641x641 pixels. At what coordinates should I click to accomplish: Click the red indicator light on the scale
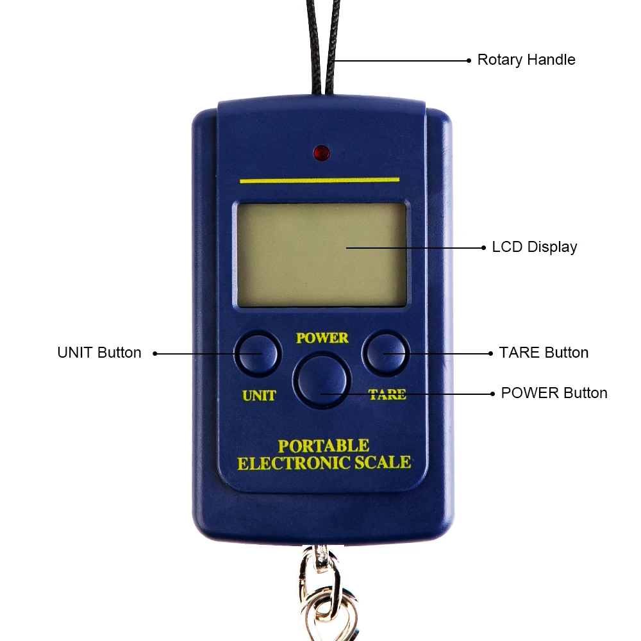pos(321,153)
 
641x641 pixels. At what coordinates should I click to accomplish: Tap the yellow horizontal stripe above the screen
pos(320,180)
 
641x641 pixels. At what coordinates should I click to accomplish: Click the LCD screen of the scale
pos(322,254)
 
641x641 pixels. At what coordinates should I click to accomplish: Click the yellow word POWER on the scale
pos(322,338)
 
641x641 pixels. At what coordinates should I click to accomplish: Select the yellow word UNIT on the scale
pos(259,395)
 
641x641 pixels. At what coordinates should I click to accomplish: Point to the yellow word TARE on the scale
pos(387,394)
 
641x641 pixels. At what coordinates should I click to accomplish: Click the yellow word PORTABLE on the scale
pos(323,446)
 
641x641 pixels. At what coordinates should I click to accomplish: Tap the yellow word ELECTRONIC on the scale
pos(294,463)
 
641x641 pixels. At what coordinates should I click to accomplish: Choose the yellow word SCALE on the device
pos(383,462)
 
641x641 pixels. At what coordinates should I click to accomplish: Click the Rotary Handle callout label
pos(526,60)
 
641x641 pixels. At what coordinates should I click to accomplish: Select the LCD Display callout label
pos(535,247)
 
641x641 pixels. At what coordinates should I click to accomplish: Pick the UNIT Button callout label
pos(99,353)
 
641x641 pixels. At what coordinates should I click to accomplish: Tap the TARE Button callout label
pos(544,353)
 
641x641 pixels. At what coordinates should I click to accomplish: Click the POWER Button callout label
pos(554,393)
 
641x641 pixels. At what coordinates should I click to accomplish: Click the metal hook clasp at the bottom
pos(325,593)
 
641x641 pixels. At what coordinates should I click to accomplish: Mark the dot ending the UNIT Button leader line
pos(155,354)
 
